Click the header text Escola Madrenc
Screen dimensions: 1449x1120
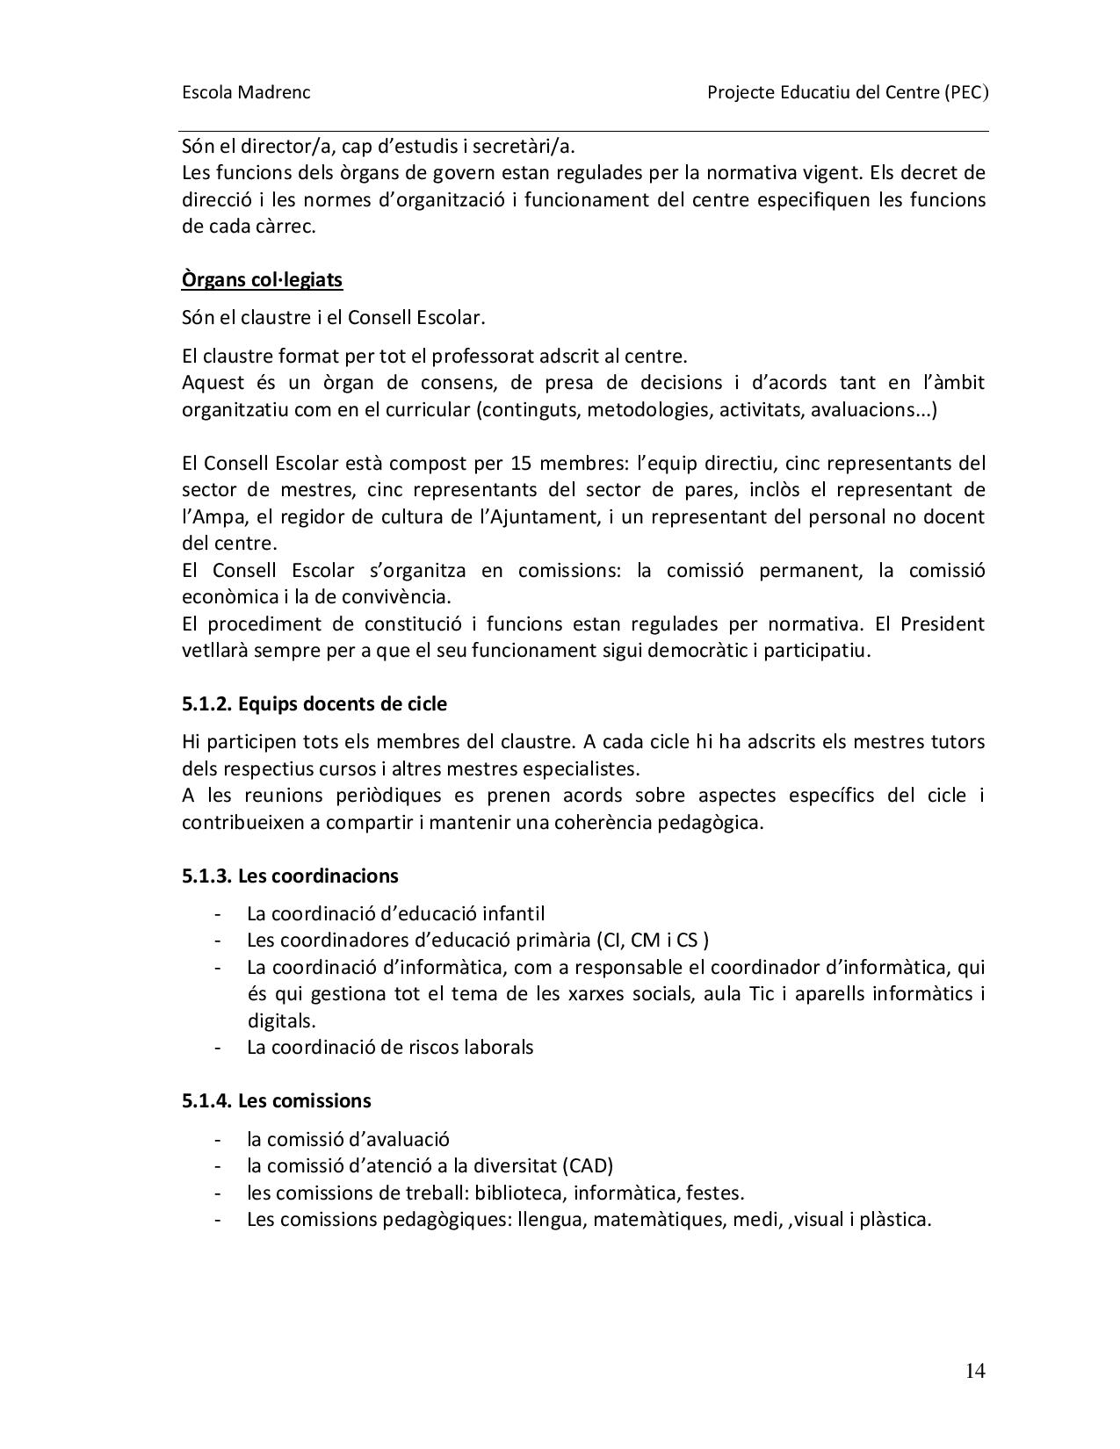(246, 92)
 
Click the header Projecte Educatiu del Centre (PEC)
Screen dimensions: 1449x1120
(848, 92)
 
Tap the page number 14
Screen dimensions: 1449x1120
(975, 1371)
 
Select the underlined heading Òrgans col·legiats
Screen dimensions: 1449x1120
(262, 279)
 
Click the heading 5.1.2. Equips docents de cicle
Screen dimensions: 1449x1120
(314, 703)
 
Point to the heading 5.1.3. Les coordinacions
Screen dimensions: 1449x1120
(290, 876)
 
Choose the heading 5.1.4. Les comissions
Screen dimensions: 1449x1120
(277, 1100)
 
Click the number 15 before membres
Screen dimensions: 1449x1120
(518, 463)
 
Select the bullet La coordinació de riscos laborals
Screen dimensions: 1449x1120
(390, 1047)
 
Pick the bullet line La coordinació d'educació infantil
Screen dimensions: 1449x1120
(395, 913)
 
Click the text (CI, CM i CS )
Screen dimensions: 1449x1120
(653, 940)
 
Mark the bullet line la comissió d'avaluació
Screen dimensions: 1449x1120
(348, 1139)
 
